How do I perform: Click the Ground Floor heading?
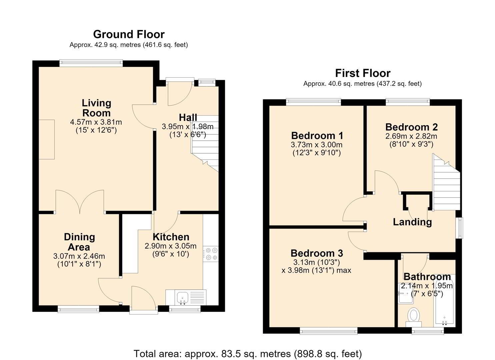click(129, 34)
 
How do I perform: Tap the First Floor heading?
click(363, 73)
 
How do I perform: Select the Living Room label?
click(96, 108)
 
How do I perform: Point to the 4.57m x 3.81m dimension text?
click(96, 122)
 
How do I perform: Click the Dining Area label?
click(79, 242)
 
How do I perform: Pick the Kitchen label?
click(171, 237)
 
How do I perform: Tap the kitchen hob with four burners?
click(211, 254)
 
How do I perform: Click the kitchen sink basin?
click(182, 297)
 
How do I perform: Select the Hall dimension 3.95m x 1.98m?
click(188, 127)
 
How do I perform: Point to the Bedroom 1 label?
click(317, 136)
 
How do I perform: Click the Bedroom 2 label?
click(411, 127)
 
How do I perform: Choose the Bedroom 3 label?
click(317, 253)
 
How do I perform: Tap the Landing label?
click(412, 222)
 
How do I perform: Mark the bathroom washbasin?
click(406, 293)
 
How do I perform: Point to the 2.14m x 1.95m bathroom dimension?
click(427, 286)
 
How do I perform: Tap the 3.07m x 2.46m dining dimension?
click(79, 256)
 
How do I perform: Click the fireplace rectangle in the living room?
click(47, 139)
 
